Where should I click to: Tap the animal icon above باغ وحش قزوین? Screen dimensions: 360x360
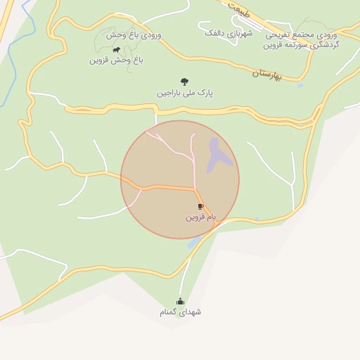click(116, 50)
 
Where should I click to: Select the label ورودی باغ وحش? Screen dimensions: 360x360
click(134, 34)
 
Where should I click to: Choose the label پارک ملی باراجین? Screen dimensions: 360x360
click(185, 93)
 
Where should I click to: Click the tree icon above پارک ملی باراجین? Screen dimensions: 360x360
click(185, 82)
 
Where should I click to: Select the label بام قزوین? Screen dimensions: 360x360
click(200, 217)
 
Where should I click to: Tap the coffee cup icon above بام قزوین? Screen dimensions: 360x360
click(200, 206)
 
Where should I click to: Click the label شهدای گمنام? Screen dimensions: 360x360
click(179, 311)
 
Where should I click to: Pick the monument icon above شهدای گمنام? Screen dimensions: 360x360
click(179, 301)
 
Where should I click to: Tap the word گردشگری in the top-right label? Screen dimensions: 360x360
click(321, 45)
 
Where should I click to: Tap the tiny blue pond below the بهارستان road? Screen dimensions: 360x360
click(300, 85)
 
